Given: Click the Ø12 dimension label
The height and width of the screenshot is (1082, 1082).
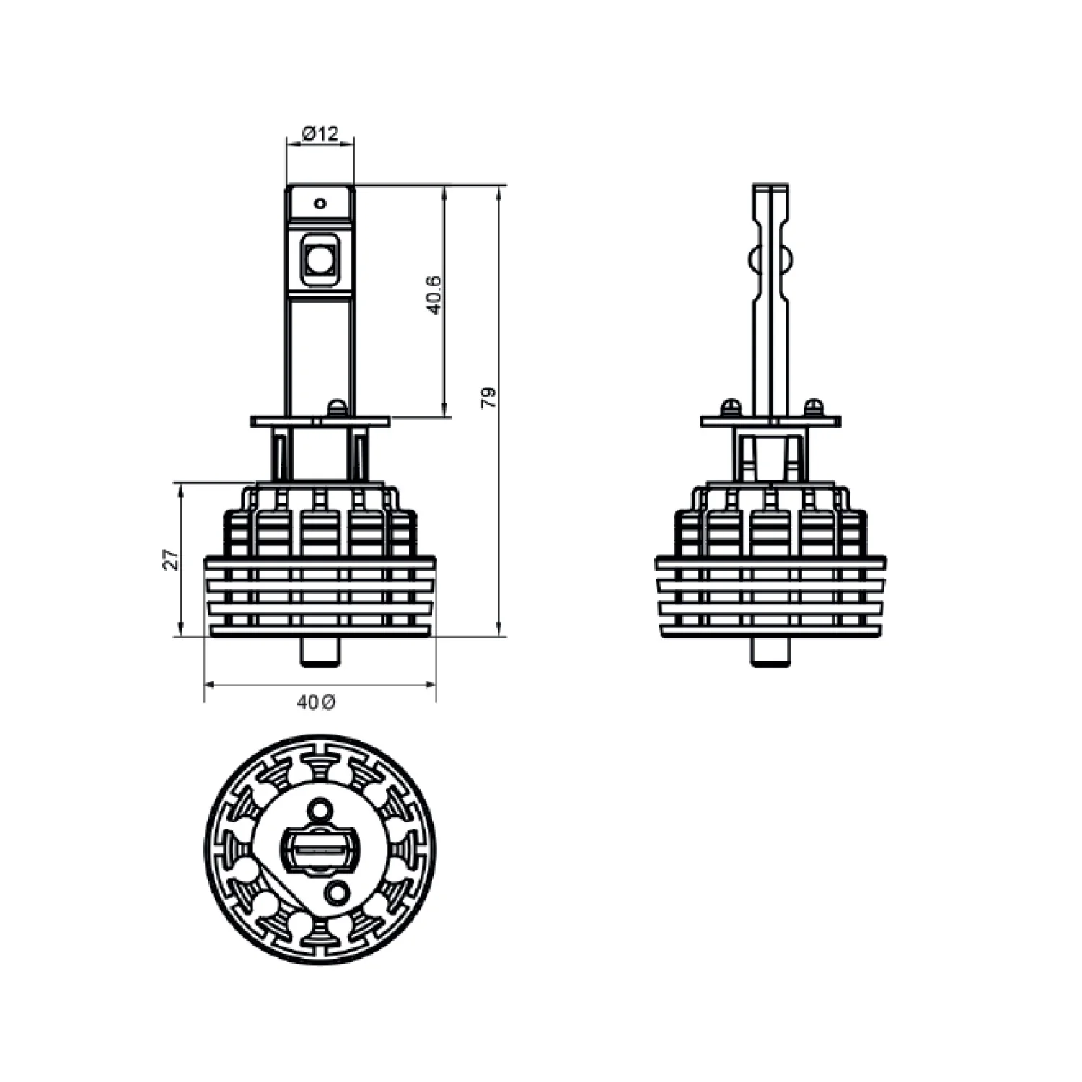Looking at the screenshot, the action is coord(320,133).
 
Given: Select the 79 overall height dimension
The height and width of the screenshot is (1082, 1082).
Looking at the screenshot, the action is coord(489,397).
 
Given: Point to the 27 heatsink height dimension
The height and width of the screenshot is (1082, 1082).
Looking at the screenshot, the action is coord(171,559).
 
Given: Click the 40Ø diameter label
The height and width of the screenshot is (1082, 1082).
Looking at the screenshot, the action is coord(316,702).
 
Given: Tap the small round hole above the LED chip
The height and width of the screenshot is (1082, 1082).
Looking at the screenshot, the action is coord(320,203).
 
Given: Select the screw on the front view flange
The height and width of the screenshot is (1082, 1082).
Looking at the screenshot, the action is coord(336,408).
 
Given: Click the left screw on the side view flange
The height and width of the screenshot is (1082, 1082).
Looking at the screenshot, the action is coord(731,408).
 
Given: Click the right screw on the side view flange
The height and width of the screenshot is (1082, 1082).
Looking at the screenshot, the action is coord(813,408).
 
